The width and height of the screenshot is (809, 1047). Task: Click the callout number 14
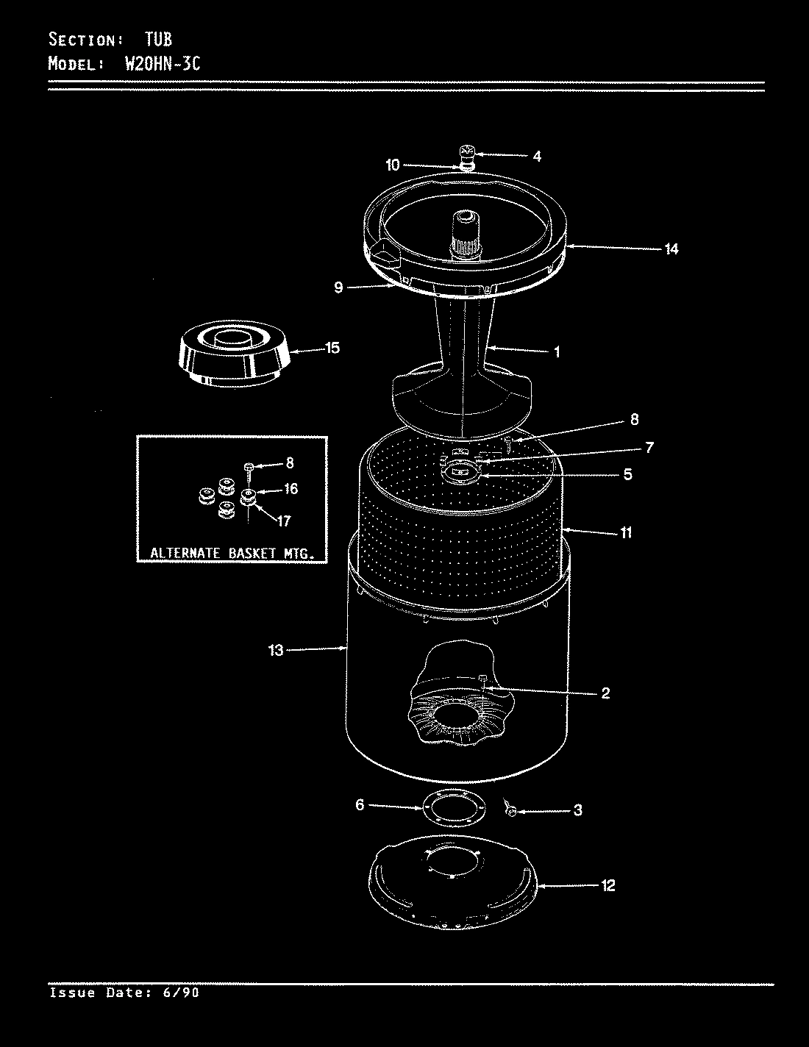[671, 249]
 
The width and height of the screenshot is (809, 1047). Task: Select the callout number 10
[392, 165]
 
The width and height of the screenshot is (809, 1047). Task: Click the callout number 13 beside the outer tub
[276, 650]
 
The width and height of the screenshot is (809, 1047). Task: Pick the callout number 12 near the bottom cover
[607, 885]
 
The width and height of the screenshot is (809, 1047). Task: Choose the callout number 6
[360, 805]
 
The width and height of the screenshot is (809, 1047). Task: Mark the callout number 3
[577, 810]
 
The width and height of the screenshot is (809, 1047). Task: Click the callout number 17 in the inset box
[283, 521]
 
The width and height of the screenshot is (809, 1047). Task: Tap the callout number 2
[605, 693]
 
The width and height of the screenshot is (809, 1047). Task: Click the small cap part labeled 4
[466, 153]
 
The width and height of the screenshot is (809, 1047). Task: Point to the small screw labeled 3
[510, 809]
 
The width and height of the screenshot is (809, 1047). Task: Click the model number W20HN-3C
[154, 64]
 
